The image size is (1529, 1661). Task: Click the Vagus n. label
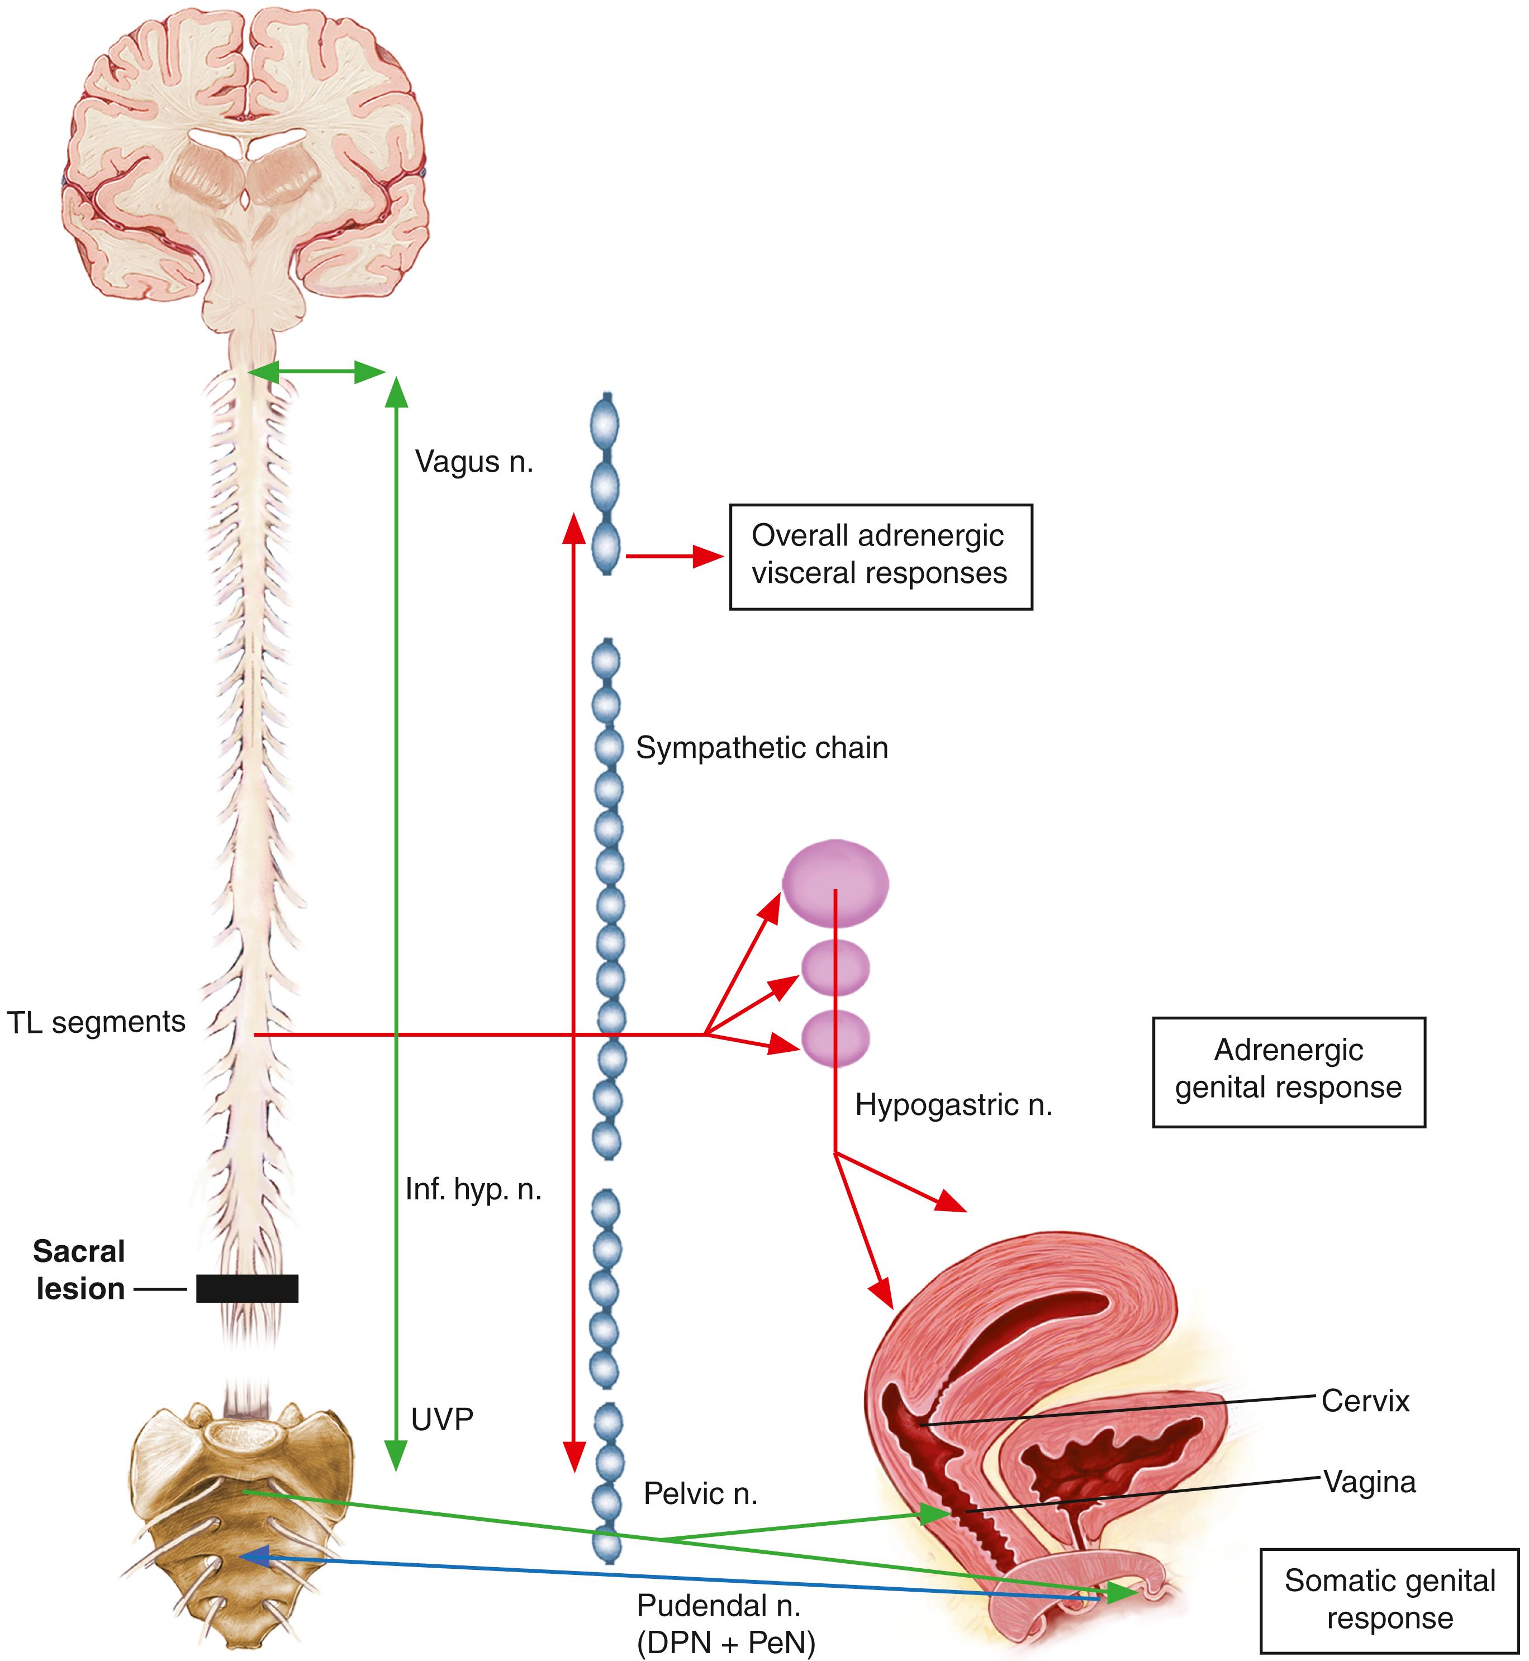[x=473, y=462]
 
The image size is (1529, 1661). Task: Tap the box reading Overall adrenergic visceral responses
[x=880, y=556]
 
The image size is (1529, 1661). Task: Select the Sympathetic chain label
[x=761, y=748]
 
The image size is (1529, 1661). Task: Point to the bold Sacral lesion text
[x=79, y=1270]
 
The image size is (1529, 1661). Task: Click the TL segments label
[x=96, y=1022]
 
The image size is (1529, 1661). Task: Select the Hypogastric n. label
[x=953, y=1105]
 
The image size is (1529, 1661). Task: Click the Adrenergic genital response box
[x=1288, y=1072]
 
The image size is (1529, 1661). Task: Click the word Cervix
[x=1365, y=1401]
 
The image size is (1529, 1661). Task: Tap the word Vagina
[x=1369, y=1482]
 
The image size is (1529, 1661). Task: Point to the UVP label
[x=442, y=1420]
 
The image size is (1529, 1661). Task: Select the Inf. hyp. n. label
[x=473, y=1190]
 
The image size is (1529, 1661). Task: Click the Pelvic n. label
[x=700, y=1494]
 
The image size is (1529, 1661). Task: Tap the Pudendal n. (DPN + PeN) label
[x=725, y=1624]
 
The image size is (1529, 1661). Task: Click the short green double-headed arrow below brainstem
[x=317, y=372]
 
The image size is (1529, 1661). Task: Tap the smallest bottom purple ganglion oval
[x=835, y=1038]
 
